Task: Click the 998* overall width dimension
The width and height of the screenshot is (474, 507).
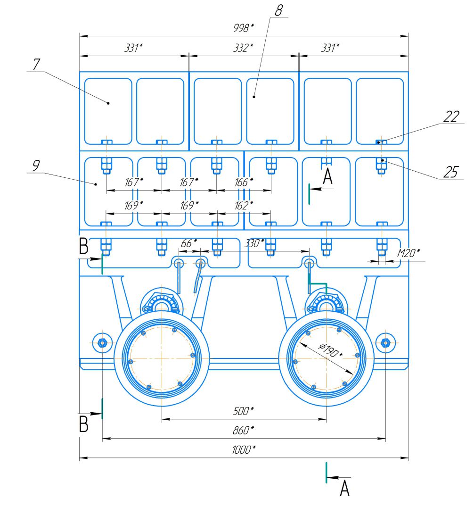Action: click(x=244, y=28)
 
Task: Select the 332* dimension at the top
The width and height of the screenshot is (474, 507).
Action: click(x=243, y=48)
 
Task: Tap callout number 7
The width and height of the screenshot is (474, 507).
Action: click(x=36, y=64)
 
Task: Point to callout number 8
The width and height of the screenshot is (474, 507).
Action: click(x=279, y=10)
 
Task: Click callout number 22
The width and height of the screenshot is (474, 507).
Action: click(x=451, y=116)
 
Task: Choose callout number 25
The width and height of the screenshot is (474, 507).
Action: click(x=451, y=172)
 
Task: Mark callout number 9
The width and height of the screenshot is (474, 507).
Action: click(x=36, y=166)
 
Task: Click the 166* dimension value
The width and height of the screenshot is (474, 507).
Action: click(x=244, y=183)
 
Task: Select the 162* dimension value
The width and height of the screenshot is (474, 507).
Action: click(x=244, y=205)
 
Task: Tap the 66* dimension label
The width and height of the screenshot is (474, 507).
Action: click(x=188, y=243)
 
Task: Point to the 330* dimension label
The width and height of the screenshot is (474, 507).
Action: click(x=254, y=243)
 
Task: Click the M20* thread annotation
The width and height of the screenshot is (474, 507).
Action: click(x=409, y=253)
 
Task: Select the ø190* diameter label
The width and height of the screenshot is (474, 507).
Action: click(x=330, y=350)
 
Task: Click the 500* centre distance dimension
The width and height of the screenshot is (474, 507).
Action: click(x=243, y=411)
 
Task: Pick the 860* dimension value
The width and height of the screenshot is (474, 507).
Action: click(x=243, y=431)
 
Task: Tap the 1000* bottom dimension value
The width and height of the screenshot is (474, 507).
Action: click(x=244, y=449)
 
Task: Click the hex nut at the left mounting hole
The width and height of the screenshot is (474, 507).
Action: click(x=102, y=343)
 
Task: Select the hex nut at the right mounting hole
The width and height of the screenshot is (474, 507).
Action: click(x=385, y=343)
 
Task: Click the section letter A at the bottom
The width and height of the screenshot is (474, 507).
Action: click(x=345, y=488)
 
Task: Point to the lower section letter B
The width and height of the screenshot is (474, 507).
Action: click(x=84, y=424)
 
